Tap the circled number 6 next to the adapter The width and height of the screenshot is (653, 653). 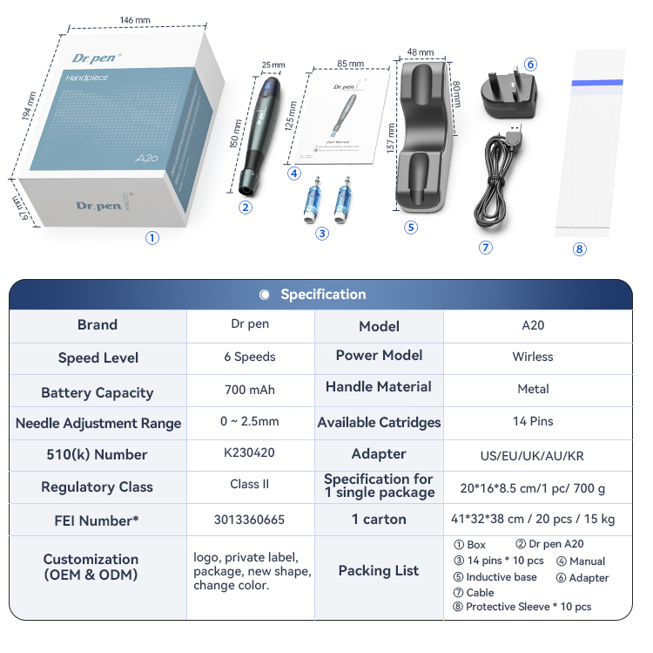click(530, 65)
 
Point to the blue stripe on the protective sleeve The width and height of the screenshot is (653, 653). click(596, 83)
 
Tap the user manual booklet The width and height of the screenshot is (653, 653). click(346, 118)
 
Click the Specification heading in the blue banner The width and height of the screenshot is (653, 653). click(322, 295)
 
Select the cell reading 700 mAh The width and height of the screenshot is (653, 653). click(249, 390)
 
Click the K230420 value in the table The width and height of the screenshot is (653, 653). click(249, 452)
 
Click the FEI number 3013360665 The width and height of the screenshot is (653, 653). click(249, 520)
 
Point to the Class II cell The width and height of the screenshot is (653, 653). click(249, 485)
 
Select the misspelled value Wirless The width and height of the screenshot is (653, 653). click(533, 357)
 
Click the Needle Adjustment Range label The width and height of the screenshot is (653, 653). click(98, 424)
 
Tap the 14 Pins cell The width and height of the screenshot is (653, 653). click(533, 422)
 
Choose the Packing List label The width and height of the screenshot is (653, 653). click(379, 571)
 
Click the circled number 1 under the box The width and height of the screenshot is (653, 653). click(152, 238)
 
